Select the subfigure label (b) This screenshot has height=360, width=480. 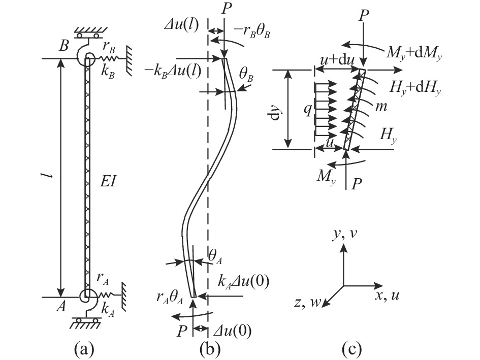(x=210, y=349)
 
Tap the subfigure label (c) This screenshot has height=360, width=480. (x=351, y=349)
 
